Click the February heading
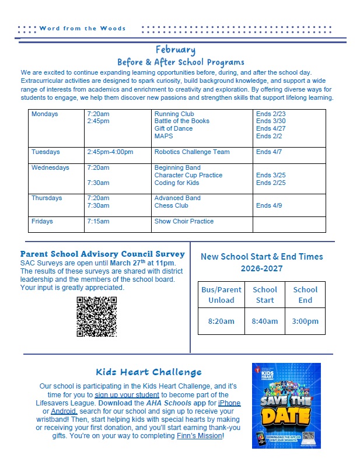[175, 50]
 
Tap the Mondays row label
[45, 114]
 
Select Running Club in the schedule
[174, 114]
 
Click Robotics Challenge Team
[192, 152]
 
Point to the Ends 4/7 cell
[268, 152]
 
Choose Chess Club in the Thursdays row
[171, 205]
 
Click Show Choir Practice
[184, 221]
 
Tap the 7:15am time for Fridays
[97, 221]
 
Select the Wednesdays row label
[50, 167]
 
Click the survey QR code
[96, 317]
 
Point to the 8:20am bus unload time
[221, 321]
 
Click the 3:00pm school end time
[305, 321]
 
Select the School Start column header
[265, 295]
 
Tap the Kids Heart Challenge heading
[149, 372]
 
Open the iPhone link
[229, 403]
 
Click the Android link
[64, 411]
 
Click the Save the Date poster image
[286, 405]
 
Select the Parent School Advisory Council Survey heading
[103, 254]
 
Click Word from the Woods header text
[82, 28]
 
